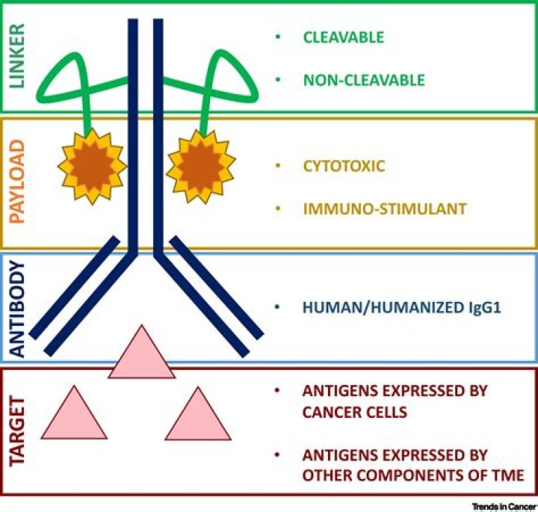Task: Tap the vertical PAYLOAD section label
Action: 17,182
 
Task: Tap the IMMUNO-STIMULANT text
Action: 385,209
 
